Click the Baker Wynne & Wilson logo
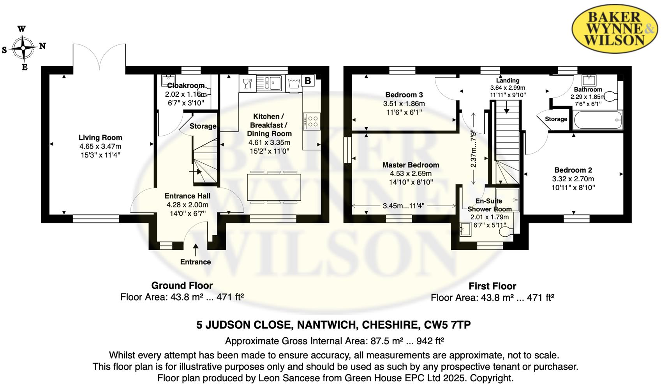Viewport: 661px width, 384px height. point(615,29)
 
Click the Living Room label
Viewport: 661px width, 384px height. point(100,137)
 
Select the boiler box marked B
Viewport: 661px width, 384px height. point(307,81)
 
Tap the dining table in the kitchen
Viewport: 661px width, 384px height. point(274,187)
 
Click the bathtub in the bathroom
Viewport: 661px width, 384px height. point(598,120)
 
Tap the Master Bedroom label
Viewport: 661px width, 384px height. point(411,165)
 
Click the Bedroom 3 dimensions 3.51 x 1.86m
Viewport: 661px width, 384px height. point(404,103)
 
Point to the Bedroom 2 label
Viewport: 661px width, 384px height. point(573,170)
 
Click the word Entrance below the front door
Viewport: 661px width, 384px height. point(196,262)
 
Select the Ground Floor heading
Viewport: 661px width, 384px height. point(182,285)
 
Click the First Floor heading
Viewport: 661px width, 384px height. point(492,286)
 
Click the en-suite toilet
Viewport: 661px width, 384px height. point(506,231)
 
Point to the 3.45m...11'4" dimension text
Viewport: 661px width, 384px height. point(404,205)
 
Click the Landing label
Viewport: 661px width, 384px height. point(508,80)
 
